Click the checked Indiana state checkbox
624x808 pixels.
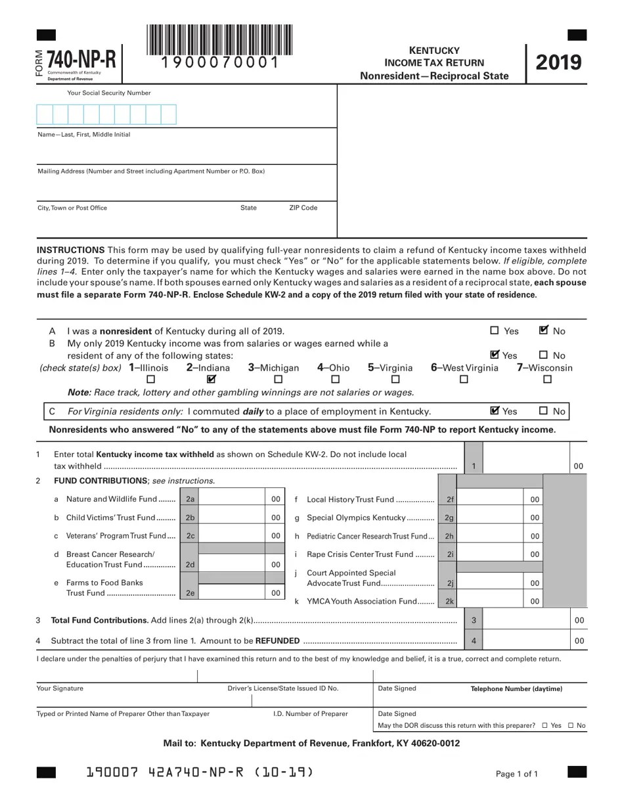pyautogui.click(x=211, y=379)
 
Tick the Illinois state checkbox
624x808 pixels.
pyautogui.click(x=150, y=380)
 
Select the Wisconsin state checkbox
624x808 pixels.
pyautogui.click(x=547, y=380)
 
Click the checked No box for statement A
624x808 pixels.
pyautogui.click(x=543, y=331)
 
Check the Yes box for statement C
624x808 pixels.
pyautogui.click(x=495, y=411)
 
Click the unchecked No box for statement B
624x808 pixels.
pyautogui.click(x=543, y=355)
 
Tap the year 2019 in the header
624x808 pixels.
pyautogui.click(x=558, y=62)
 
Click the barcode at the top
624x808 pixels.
pyautogui.click(x=220, y=40)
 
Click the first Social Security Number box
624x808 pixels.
pyautogui.click(x=45, y=114)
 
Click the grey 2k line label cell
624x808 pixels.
pyautogui.click(x=449, y=601)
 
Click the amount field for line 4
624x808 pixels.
pyautogui.click(x=525, y=640)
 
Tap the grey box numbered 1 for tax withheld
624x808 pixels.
pyautogui.click(x=474, y=466)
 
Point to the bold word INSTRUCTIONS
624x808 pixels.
pyautogui.click(x=71, y=250)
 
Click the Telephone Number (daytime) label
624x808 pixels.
pyautogui.click(x=516, y=689)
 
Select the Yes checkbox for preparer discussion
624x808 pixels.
pyautogui.click(x=545, y=726)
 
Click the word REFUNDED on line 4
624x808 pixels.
pyautogui.click(x=277, y=641)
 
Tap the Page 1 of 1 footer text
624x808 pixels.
pyautogui.click(x=517, y=774)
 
